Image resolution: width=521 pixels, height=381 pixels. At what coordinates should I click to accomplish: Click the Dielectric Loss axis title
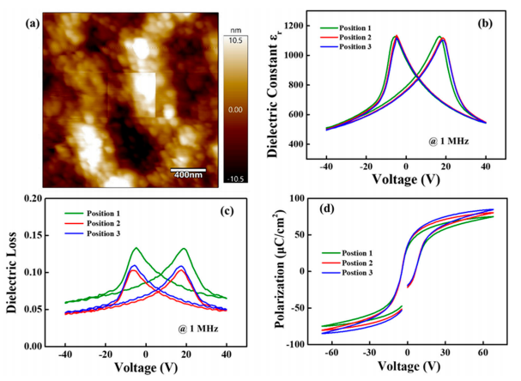click(x=12, y=272)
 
